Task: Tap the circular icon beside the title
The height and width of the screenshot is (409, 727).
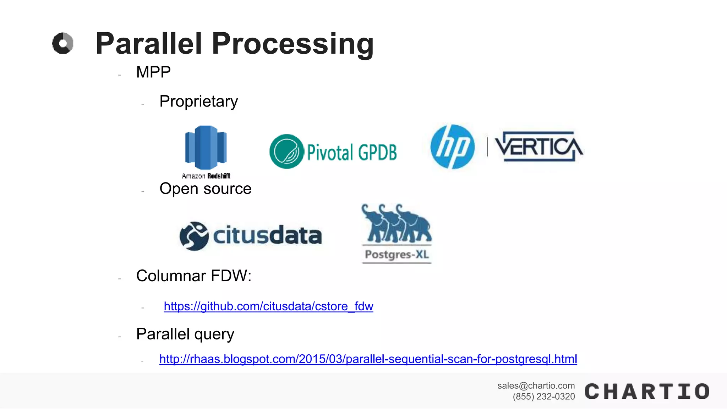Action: click(x=63, y=43)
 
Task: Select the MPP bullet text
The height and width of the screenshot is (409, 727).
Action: click(x=153, y=72)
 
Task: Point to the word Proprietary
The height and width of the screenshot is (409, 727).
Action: click(x=198, y=102)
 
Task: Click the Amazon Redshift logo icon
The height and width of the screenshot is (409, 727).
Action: click(x=206, y=147)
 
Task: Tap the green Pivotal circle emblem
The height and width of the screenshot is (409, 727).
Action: click(x=286, y=151)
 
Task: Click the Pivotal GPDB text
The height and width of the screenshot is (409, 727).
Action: click(x=352, y=152)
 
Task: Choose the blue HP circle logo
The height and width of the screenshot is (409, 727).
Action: click(x=452, y=147)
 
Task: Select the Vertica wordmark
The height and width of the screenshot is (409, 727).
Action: click(x=539, y=146)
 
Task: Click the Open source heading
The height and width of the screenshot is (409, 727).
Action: click(x=205, y=189)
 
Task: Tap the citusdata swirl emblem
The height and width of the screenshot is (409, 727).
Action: click(x=194, y=236)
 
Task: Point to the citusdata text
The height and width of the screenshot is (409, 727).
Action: click(x=267, y=235)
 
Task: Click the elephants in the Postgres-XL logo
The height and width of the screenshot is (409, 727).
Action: click(x=396, y=224)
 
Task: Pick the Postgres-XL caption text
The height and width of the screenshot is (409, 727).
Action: click(x=397, y=255)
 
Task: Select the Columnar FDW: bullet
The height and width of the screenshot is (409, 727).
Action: click(x=194, y=276)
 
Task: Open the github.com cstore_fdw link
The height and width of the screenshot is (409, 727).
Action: click(x=268, y=306)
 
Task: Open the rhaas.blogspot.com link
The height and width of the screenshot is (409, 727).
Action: click(x=368, y=359)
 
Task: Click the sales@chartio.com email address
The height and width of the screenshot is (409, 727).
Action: click(x=536, y=386)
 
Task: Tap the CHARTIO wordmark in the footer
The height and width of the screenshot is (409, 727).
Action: click(x=647, y=392)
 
